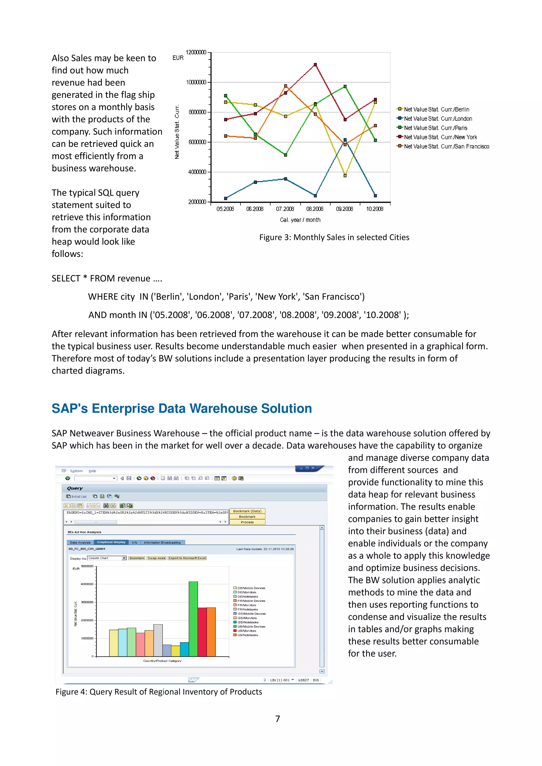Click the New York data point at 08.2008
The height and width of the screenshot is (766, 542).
click(x=315, y=65)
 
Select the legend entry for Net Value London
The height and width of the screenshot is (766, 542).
click(x=438, y=119)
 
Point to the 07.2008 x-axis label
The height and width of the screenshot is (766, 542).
click(x=285, y=209)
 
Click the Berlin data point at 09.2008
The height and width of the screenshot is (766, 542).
click(x=345, y=176)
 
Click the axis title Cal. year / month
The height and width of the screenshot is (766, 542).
click(x=300, y=220)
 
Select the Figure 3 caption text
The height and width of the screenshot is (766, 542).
click(x=334, y=237)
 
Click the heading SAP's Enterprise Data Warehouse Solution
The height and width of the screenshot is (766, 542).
click(x=182, y=408)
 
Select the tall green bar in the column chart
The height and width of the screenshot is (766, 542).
click(x=193, y=619)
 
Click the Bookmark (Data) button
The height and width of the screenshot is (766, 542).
click(x=247, y=511)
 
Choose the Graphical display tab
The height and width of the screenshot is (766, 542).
click(x=111, y=542)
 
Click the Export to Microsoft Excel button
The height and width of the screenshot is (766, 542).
click(x=187, y=558)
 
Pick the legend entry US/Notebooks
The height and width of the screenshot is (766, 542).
click(x=247, y=635)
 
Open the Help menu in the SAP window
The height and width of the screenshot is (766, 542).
click(x=92, y=471)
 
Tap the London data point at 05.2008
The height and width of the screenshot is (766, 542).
click(x=226, y=198)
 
